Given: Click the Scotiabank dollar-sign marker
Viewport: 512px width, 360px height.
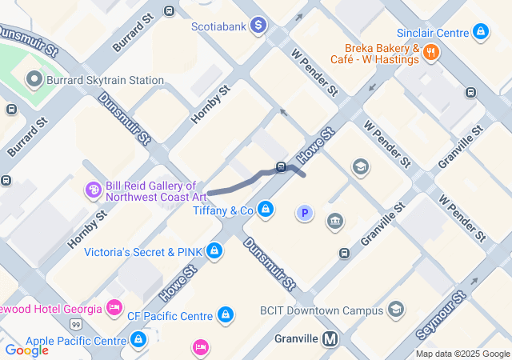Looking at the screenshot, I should point(258,26).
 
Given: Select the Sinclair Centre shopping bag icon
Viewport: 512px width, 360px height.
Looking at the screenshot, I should point(481,32).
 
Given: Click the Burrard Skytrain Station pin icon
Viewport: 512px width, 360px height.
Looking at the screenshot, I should point(34,80).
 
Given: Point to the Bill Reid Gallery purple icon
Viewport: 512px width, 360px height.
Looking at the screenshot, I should point(94,190).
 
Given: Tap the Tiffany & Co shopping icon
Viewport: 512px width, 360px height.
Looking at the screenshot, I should point(266,210).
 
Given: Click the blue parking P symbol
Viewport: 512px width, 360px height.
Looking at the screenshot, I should point(304,213).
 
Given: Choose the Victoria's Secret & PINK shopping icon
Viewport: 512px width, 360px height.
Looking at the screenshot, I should point(214,251).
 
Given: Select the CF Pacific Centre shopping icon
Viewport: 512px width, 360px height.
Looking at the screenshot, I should point(226,315).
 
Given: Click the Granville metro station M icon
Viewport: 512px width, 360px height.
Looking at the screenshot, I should point(330,339).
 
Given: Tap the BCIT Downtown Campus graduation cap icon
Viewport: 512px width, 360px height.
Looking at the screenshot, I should point(396,310).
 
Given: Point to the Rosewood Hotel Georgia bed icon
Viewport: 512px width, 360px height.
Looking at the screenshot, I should point(114,308).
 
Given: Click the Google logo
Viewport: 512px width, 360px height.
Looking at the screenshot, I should point(26,350).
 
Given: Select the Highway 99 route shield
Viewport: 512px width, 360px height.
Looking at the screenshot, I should point(75,324).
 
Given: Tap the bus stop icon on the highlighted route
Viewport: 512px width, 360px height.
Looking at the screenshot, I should point(282,167).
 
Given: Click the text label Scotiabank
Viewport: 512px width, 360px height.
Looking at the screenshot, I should point(217,26).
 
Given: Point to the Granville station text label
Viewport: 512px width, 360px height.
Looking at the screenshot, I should point(297,338).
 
